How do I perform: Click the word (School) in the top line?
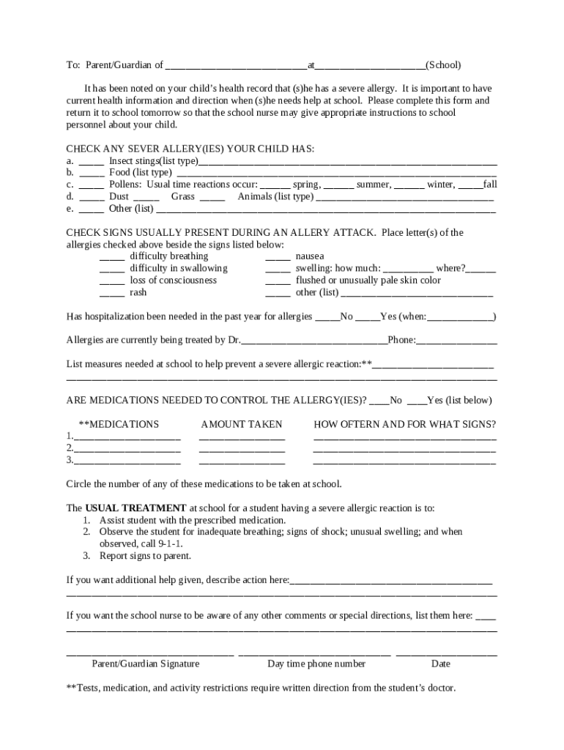pos(443,65)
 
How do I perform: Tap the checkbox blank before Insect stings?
pos(92,161)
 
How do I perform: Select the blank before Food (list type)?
pos(92,173)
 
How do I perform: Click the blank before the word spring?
pos(275,185)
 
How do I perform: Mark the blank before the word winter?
pos(410,185)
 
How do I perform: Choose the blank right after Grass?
pos(212,196)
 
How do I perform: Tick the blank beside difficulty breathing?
pos(112,256)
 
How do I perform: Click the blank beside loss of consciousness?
pos(112,281)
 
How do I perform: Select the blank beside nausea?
pos(278,256)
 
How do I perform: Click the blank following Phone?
pos(457,340)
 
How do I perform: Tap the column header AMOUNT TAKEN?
pos(242,425)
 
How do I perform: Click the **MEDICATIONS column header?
pos(119,425)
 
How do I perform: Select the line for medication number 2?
pos(127,448)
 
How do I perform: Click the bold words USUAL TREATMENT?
pos(136,508)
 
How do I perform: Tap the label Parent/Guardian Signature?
pos(146,664)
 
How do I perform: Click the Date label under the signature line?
pos(441,664)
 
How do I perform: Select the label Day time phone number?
pos(316,664)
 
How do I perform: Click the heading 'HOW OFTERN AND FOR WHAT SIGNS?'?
pos(404,425)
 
